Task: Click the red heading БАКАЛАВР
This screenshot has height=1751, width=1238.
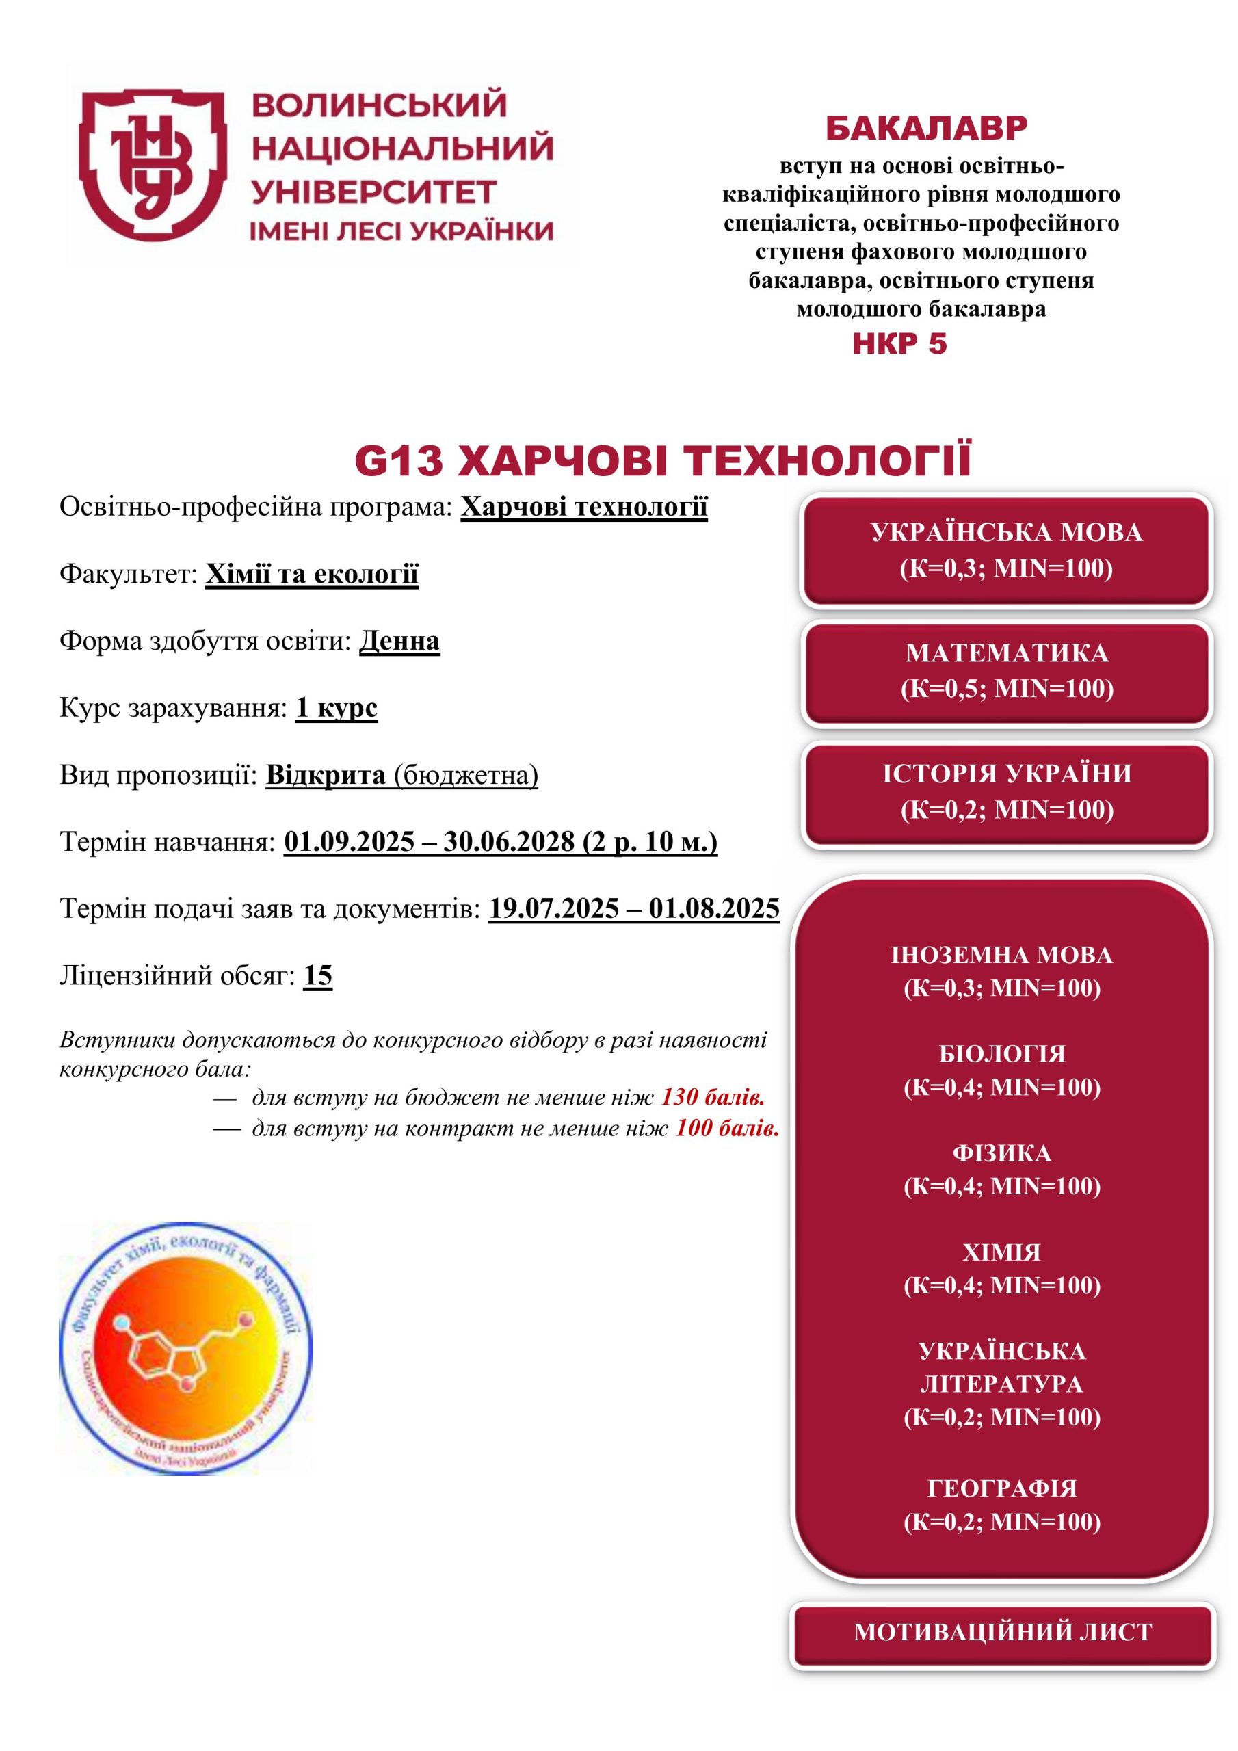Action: pos(926,128)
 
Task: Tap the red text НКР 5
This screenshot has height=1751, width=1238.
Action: pos(899,344)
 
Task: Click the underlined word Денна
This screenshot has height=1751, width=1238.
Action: pos(399,641)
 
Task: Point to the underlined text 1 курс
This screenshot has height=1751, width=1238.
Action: pos(337,708)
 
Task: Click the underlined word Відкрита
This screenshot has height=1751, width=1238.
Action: pos(326,775)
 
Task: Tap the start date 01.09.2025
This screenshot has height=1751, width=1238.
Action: pos(350,841)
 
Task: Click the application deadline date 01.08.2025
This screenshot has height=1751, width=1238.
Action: pos(714,908)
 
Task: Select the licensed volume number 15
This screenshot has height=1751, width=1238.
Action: pos(318,975)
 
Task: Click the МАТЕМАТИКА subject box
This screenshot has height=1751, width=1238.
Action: pos(1006,670)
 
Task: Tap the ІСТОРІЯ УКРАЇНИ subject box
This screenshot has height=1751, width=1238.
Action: pos(1006,791)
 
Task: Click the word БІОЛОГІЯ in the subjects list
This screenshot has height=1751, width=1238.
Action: pos(1001,1053)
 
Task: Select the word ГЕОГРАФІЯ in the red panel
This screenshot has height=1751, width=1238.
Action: pos(1001,1488)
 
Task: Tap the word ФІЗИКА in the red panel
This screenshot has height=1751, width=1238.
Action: pos(1001,1153)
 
